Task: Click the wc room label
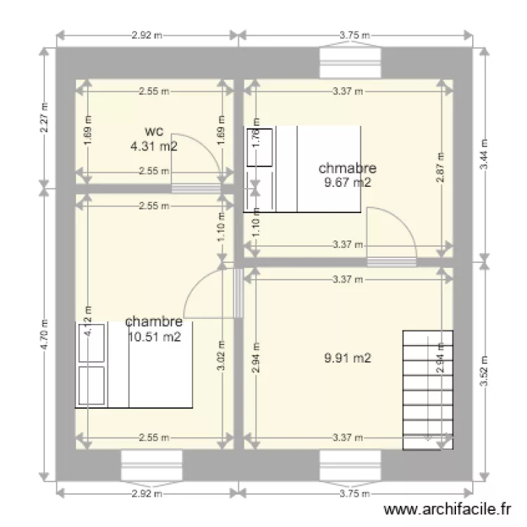click(x=154, y=131)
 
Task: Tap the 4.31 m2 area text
click(x=154, y=146)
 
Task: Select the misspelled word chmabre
click(x=347, y=168)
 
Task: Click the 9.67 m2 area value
click(x=348, y=182)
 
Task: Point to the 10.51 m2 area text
click(x=155, y=337)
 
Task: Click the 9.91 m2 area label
click(x=348, y=358)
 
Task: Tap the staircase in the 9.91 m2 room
click(x=428, y=390)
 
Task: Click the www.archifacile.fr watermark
click(x=448, y=510)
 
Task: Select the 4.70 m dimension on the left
click(x=44, y=334)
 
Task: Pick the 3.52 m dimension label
click(x=483, y=372)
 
